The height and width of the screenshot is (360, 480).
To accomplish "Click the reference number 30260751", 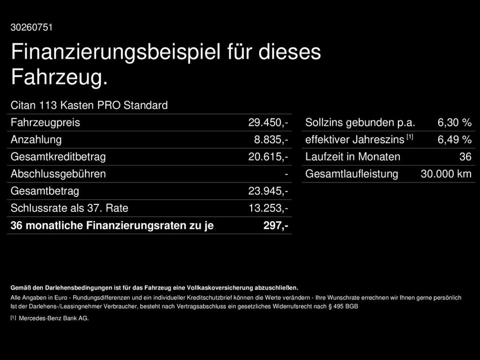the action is (31, 27).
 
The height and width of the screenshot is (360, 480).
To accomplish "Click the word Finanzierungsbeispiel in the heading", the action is (116, 52).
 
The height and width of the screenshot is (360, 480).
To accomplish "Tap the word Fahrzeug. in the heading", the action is (60, 77).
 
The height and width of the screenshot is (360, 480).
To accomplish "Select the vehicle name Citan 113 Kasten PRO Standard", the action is (89, 105).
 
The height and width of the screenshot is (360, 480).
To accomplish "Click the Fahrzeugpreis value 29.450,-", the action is (268, 122).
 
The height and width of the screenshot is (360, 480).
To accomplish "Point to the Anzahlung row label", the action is (36, 140).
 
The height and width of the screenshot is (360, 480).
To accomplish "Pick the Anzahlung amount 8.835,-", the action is (271, 140).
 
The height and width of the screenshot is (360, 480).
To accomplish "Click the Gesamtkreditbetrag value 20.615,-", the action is (268, 157).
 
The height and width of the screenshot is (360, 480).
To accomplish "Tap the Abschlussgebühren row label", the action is (58, 174).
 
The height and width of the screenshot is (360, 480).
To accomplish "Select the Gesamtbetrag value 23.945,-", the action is (268, 191).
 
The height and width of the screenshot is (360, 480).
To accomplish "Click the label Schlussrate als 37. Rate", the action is (69, 208).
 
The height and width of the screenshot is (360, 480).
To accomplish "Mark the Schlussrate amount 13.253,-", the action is (269, 208).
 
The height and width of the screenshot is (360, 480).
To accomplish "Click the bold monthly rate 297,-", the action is (276, 225).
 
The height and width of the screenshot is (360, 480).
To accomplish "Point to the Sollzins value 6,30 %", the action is (455, 122).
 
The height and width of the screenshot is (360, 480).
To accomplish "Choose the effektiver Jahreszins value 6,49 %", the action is (455, 140).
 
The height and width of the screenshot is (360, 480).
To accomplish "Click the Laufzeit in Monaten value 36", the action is (465, 157).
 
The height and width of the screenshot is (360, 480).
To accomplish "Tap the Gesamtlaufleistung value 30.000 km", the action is (446, 174).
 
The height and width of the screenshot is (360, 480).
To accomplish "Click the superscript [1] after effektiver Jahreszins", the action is (410, 137).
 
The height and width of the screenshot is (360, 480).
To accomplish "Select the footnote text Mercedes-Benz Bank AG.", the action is (54, 318).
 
